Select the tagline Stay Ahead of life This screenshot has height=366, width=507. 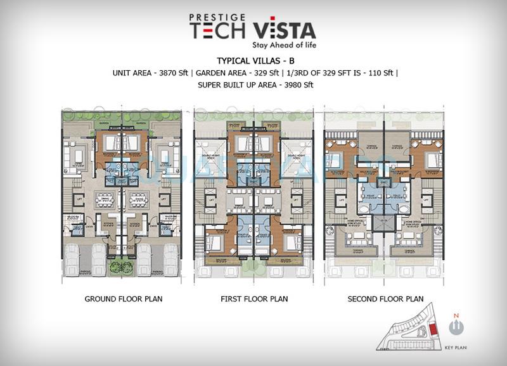click(x=284, y=46)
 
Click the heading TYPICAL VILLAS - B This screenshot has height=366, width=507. click(x=253, y=61)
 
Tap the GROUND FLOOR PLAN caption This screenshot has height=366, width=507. click(x=123, y=299)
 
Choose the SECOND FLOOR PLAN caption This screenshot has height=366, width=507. click(x=385, y=299)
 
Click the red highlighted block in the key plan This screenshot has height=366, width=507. click(x=433, y=331)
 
